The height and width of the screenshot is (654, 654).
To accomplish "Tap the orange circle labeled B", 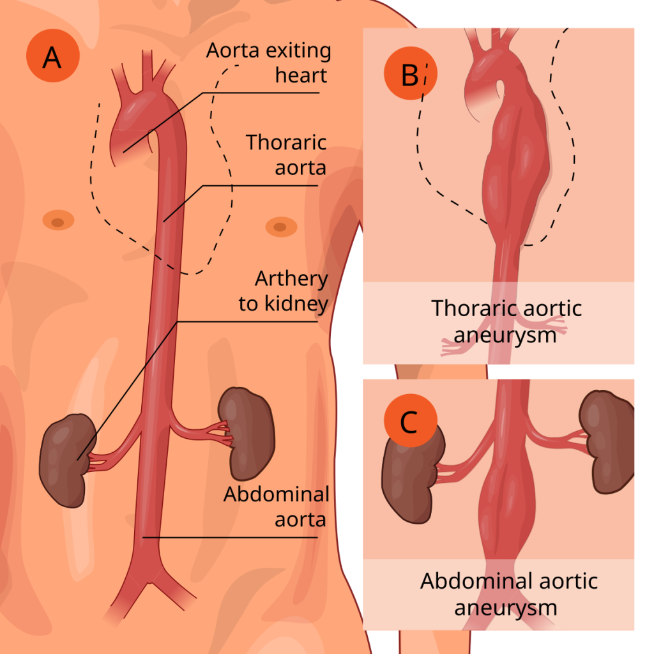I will (410, 75).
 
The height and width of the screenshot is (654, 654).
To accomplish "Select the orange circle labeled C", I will (410, 422).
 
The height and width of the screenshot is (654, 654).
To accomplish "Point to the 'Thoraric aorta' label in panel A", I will (286, 155).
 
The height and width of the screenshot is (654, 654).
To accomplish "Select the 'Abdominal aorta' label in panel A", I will (277, 506).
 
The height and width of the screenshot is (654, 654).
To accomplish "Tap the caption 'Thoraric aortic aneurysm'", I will (506, 321).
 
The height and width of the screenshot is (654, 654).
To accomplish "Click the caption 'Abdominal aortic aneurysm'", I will (508, 594).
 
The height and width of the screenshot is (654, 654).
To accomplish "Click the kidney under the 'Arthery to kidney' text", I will (246, 433).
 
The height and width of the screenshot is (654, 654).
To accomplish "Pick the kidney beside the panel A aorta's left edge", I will (65, 459).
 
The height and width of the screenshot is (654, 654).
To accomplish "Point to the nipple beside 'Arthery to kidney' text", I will (277, 226).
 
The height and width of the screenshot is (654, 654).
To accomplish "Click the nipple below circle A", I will (57, 222).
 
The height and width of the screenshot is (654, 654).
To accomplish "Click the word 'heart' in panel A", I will (301, 75).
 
